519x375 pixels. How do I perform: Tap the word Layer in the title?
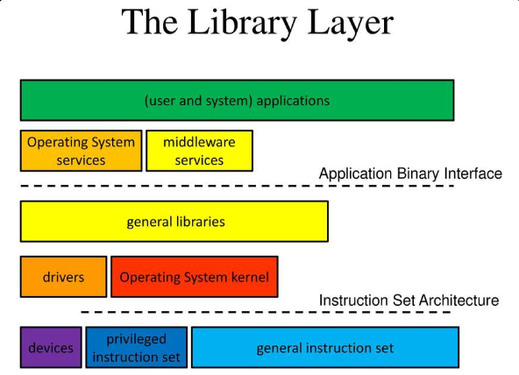[x=351, y=23]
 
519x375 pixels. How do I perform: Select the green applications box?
[x=237, y=100]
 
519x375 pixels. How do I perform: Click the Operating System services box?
[x=81, y=151]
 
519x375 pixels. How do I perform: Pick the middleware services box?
[x=199, y=151]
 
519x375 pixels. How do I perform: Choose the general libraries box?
[x=174, y=221]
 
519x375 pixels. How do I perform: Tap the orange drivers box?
[x=63, y=277]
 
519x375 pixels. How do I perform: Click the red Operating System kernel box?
[x=195, y=277]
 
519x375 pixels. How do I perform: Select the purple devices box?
[x=51, y=347]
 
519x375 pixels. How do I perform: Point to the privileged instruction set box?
[x=137, y=347]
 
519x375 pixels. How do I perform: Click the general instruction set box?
[x=325, y=347]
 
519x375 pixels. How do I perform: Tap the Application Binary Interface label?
[x=410, y=173]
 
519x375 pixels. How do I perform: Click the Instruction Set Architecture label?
[x=409, y=301]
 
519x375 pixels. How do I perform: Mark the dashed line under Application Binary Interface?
[x=237, y=186]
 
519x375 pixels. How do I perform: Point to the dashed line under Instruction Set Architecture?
[x=266, y=312]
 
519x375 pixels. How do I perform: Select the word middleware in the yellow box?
[x=199, y=142]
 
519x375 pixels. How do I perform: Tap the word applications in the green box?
[x=293, y=101]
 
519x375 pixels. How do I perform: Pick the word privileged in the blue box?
[x=137, y=340]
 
